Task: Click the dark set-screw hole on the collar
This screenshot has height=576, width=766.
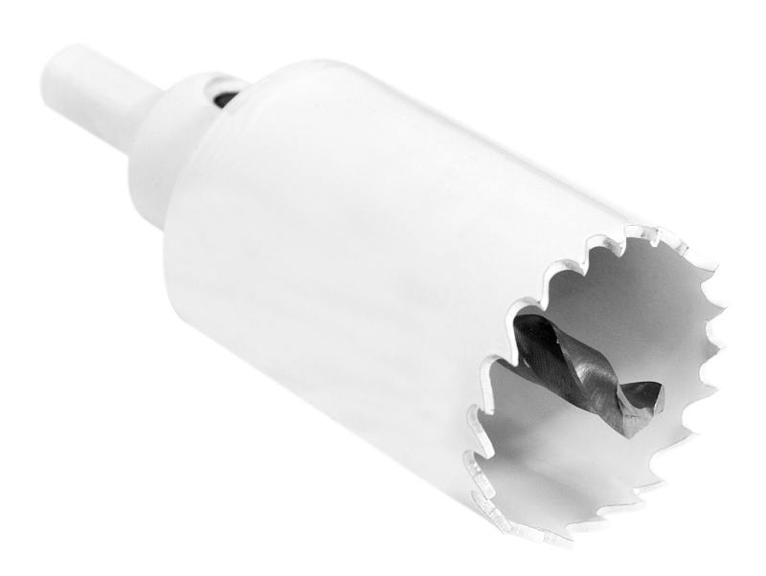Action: pos(226,97)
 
